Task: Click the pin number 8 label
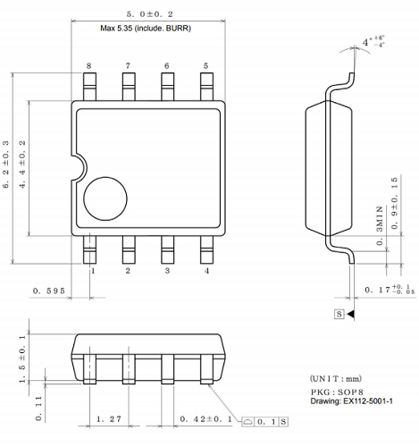point(89,66)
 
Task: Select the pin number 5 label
point(206,66)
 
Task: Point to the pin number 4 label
point(206,271)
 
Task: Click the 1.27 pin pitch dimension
point(110,418)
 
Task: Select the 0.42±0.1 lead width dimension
point(202,418)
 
